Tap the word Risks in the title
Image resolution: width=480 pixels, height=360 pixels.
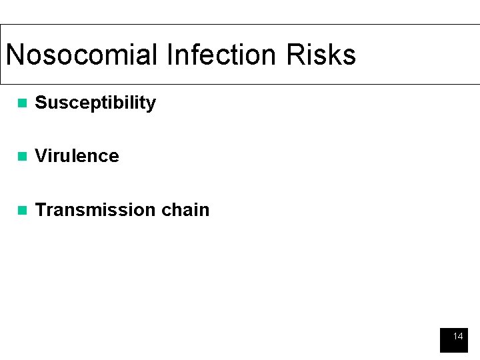coord(321,55)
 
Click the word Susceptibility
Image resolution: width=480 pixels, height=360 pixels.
coord(95,103)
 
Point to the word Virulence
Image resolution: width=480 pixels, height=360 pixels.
coord(77,156)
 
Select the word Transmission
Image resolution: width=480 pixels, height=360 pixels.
coord(95,210)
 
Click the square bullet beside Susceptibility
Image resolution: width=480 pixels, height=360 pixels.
coord(22,103)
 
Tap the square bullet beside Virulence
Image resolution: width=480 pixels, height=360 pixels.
coord(22,157)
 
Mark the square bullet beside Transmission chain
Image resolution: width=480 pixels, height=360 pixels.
coord(22,211)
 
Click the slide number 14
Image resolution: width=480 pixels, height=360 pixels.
coord(457,337)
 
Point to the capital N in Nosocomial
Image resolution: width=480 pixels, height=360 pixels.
coord(15,55)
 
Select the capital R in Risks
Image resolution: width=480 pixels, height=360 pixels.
coord(295,55)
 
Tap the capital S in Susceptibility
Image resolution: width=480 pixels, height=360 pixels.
coord(40,103)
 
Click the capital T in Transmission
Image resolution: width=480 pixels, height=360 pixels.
coord(40,210)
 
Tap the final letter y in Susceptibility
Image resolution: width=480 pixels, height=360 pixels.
coord(151,105)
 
